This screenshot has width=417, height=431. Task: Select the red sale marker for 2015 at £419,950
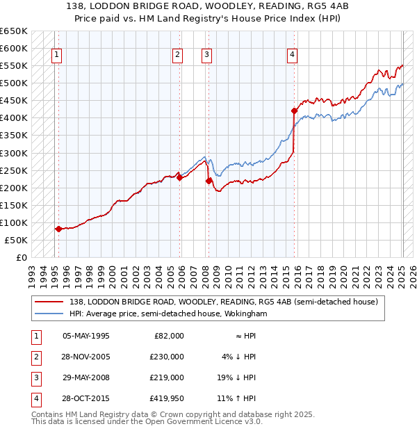[x=294, y=111]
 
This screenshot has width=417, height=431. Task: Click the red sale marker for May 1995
[x=58, y=229]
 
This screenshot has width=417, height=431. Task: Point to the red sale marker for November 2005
[x=179, y=177]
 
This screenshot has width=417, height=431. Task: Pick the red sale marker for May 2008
[x=208, y=181]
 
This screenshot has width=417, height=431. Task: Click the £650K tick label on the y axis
[x=15, y=31]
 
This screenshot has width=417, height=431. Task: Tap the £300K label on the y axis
[x=15, y=153]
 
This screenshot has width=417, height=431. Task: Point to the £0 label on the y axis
[x=22, y=257]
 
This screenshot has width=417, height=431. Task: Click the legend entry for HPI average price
[x=168, y=314]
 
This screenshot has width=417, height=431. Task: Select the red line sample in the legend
[x=49, y=302]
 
